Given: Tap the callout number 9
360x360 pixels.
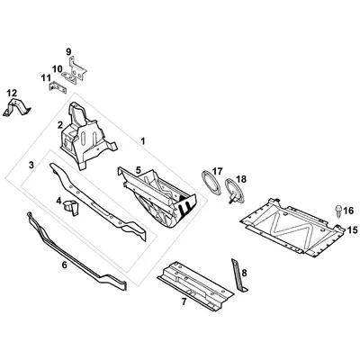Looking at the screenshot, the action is pos(68,52).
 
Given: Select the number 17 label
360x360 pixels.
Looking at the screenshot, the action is pos(217,172).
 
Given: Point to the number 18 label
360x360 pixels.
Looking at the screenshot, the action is pos(241,179).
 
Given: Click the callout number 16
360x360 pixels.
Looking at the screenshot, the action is pos(348,211).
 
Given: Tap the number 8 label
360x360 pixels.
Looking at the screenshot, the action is pos(244,273).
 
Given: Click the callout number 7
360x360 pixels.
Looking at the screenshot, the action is pos(184,301).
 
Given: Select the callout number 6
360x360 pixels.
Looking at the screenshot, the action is pos(64,265).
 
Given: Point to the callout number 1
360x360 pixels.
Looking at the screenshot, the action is pos(143,141).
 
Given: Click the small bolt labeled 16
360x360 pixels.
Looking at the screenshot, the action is pos(337,211).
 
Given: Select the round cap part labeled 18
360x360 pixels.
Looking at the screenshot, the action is pos(235,191).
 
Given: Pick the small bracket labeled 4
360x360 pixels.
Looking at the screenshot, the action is pos(71,207).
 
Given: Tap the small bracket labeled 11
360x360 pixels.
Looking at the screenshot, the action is pos(58,87).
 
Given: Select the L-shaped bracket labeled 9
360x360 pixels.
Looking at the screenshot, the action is pos(76,68).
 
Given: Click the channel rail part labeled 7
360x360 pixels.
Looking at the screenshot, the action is pos(195,286).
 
